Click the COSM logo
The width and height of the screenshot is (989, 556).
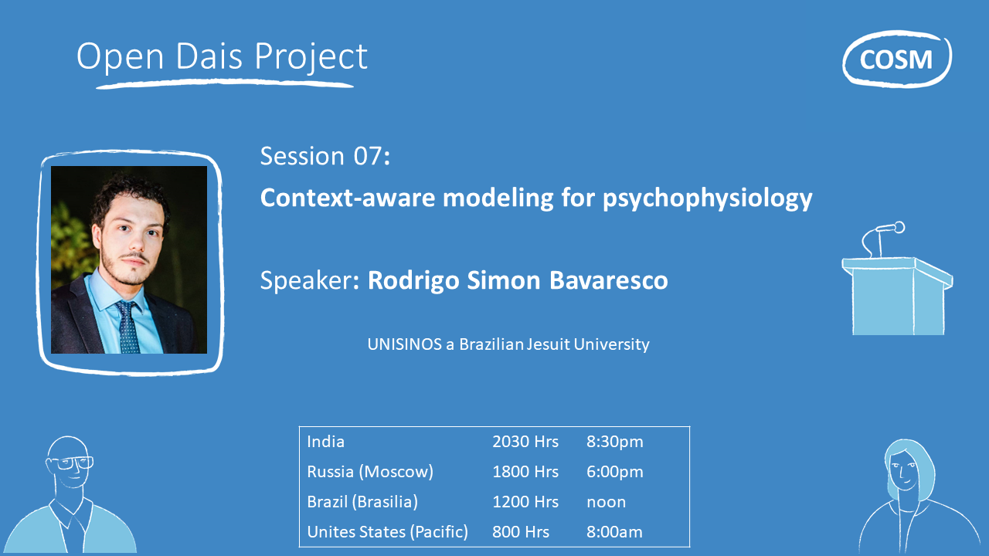click(x=896, y=59)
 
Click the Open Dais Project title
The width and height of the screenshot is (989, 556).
click(x=222, y=57)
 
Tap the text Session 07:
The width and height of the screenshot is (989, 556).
click(x=325, y=156)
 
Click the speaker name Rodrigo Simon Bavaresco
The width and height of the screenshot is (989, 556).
click(x=517, y=280)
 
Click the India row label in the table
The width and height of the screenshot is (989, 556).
click(x=325, y=442)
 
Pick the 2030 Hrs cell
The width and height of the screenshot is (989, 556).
click(x=525, y=442)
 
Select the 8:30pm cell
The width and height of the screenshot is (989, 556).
click(x=614, y=442)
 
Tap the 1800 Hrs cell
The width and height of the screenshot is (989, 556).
click(x=525, y=472)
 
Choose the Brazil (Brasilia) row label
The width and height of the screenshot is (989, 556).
click(x=362, y=502)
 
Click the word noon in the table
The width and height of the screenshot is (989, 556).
click(x=606, y=502)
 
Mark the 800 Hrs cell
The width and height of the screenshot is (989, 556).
click(x=520, y=532)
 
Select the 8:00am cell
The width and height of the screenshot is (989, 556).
click(x=614, y=532)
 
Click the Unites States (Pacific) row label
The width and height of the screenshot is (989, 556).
click(x=387, y=532)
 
